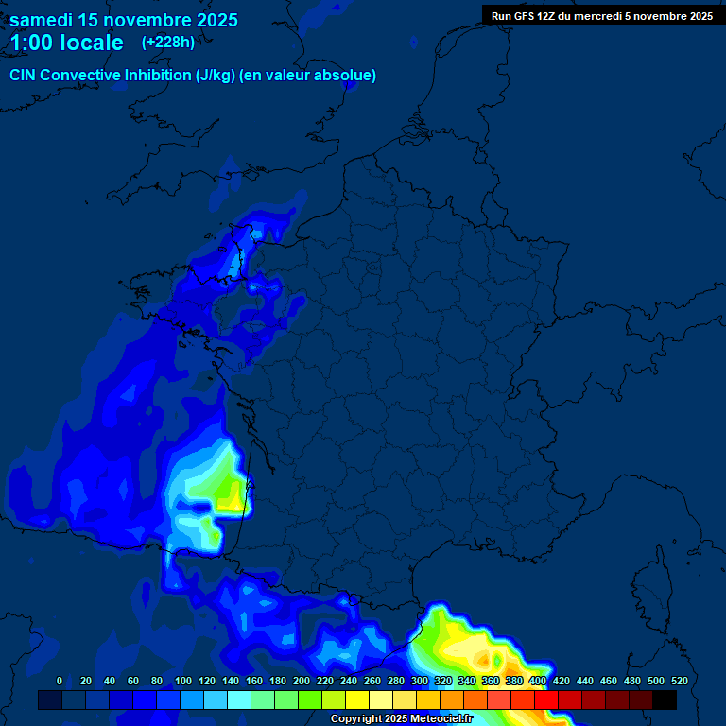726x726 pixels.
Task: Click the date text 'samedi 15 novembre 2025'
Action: click(x=124, y=20)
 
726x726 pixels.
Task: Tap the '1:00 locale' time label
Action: click(x=67, y=43)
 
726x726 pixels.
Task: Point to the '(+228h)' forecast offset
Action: click(x=169, y=43)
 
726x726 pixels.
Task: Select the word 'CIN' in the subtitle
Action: click(x=24, y=76)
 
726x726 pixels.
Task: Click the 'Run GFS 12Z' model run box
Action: click(x=601, y=16)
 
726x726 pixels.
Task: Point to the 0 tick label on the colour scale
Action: click(x=60, y=681)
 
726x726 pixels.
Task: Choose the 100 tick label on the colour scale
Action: click(x=183, y=681)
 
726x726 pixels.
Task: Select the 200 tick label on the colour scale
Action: click(x=302, y=681)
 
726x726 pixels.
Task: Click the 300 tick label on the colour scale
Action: click(x=420, y=681)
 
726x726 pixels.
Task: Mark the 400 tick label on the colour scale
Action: click(x=538, y=681)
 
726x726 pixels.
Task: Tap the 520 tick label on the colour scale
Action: click(x=679, y=681)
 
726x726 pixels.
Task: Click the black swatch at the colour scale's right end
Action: click(x=665, y=700)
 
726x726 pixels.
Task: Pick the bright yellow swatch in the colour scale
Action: click(x=357, y=700)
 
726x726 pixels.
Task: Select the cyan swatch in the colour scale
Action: click(x=239, y=700)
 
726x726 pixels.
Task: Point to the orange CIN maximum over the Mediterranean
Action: click(x=487, y=659)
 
